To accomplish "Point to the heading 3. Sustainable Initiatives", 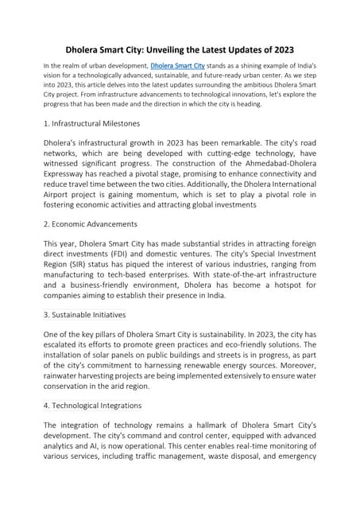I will click(85, 314).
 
